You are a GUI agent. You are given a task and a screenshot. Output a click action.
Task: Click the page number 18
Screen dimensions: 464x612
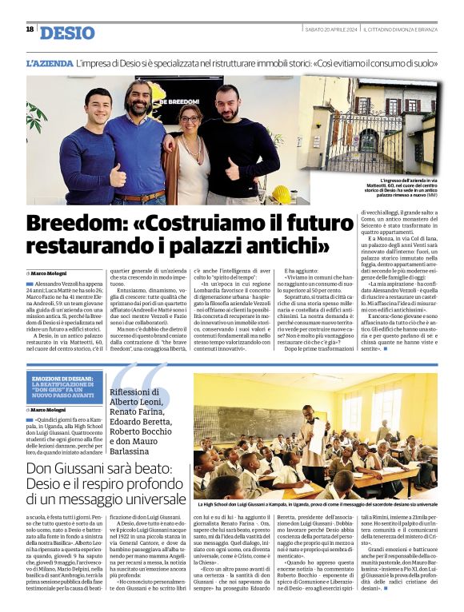pyautogui.click(x=30, y=30)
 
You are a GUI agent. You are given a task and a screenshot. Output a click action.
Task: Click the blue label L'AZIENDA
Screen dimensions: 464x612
pyautogui.click(x=50, y=62)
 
